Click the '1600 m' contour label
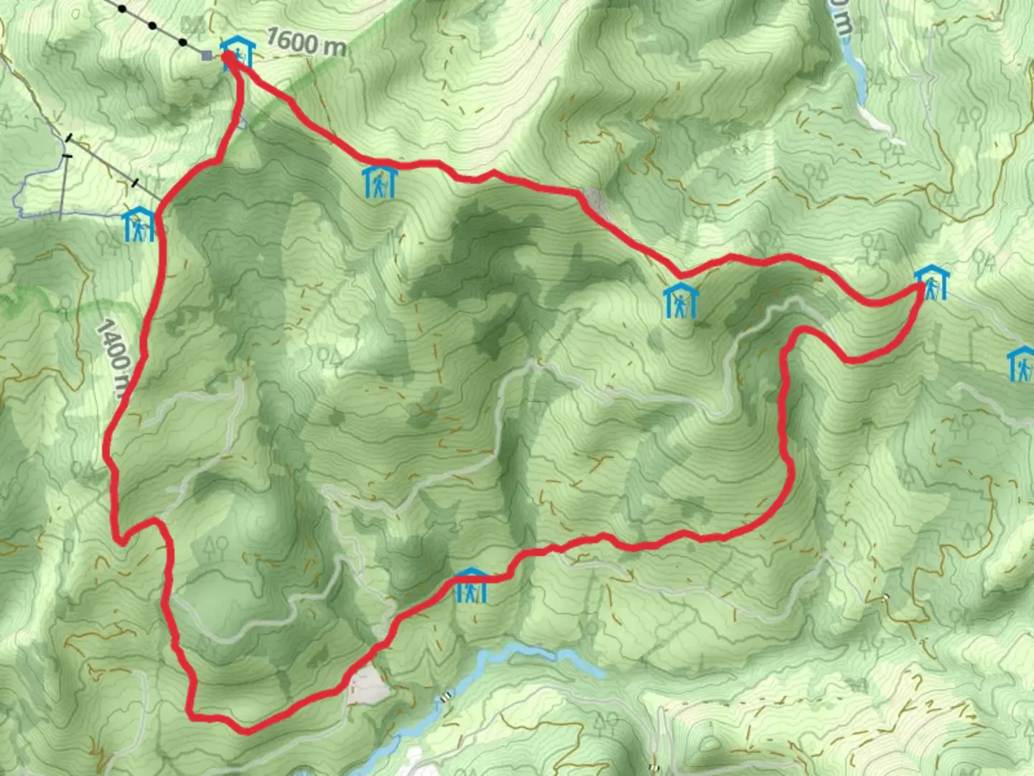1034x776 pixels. [x=306, y=42]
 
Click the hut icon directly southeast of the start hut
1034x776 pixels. [x=378, y=183]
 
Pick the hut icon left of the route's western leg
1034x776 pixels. [x=139, y=224]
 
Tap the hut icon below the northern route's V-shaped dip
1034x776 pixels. [x=680, y=300]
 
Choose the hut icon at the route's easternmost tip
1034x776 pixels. [x=931, y=283]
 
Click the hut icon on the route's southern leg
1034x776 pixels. [x=471, y=585]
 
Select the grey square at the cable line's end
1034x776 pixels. [x=208, y=55]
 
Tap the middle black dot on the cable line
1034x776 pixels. [x=152, y=26]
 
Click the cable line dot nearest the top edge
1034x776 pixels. [x=122, y=9]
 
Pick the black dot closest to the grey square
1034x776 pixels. [x=182, y=42]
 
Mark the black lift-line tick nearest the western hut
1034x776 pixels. [x=136, y=183]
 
